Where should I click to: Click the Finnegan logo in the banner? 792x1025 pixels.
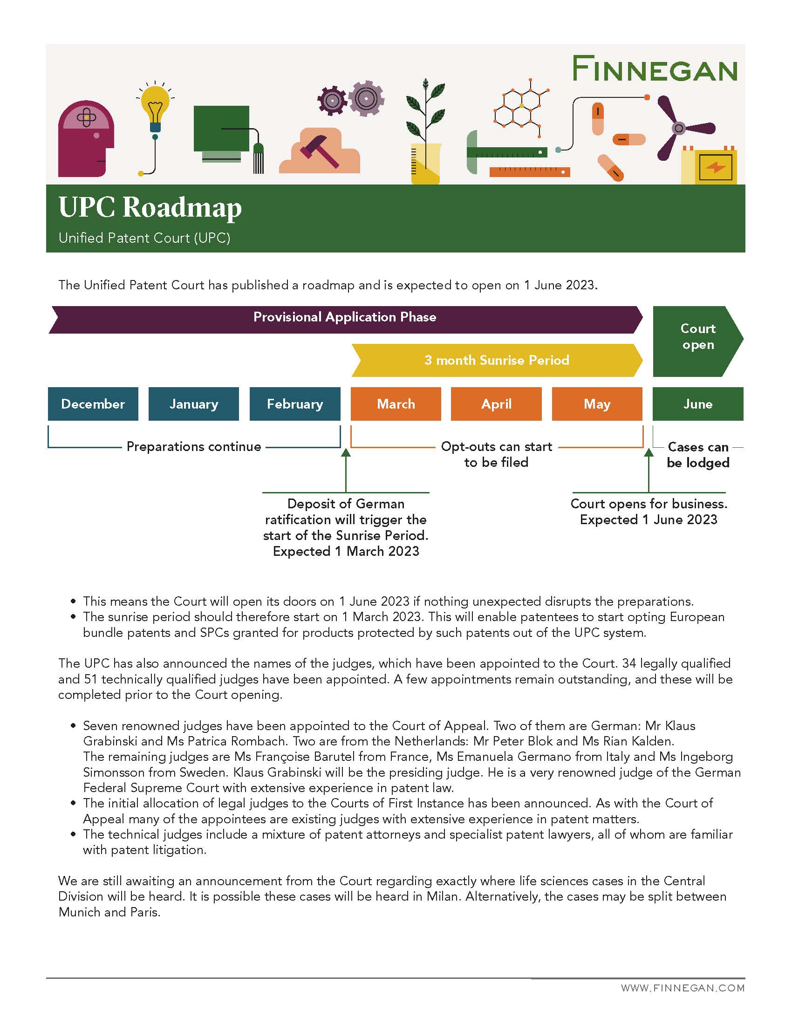655,69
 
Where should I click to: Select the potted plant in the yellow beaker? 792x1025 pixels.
425,136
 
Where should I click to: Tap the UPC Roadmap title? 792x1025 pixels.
150,207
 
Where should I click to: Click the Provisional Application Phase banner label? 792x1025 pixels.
345,317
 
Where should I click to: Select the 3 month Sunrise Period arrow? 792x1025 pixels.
497,360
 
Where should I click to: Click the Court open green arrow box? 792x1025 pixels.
698,336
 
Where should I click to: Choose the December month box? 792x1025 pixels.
93,404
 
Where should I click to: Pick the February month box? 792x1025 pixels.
294,404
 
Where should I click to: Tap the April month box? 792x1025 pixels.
496,404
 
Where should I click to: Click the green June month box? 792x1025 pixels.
698,404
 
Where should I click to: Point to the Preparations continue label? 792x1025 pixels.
194,446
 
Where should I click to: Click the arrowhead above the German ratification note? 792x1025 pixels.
346,452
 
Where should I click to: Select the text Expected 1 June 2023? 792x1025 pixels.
649,519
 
